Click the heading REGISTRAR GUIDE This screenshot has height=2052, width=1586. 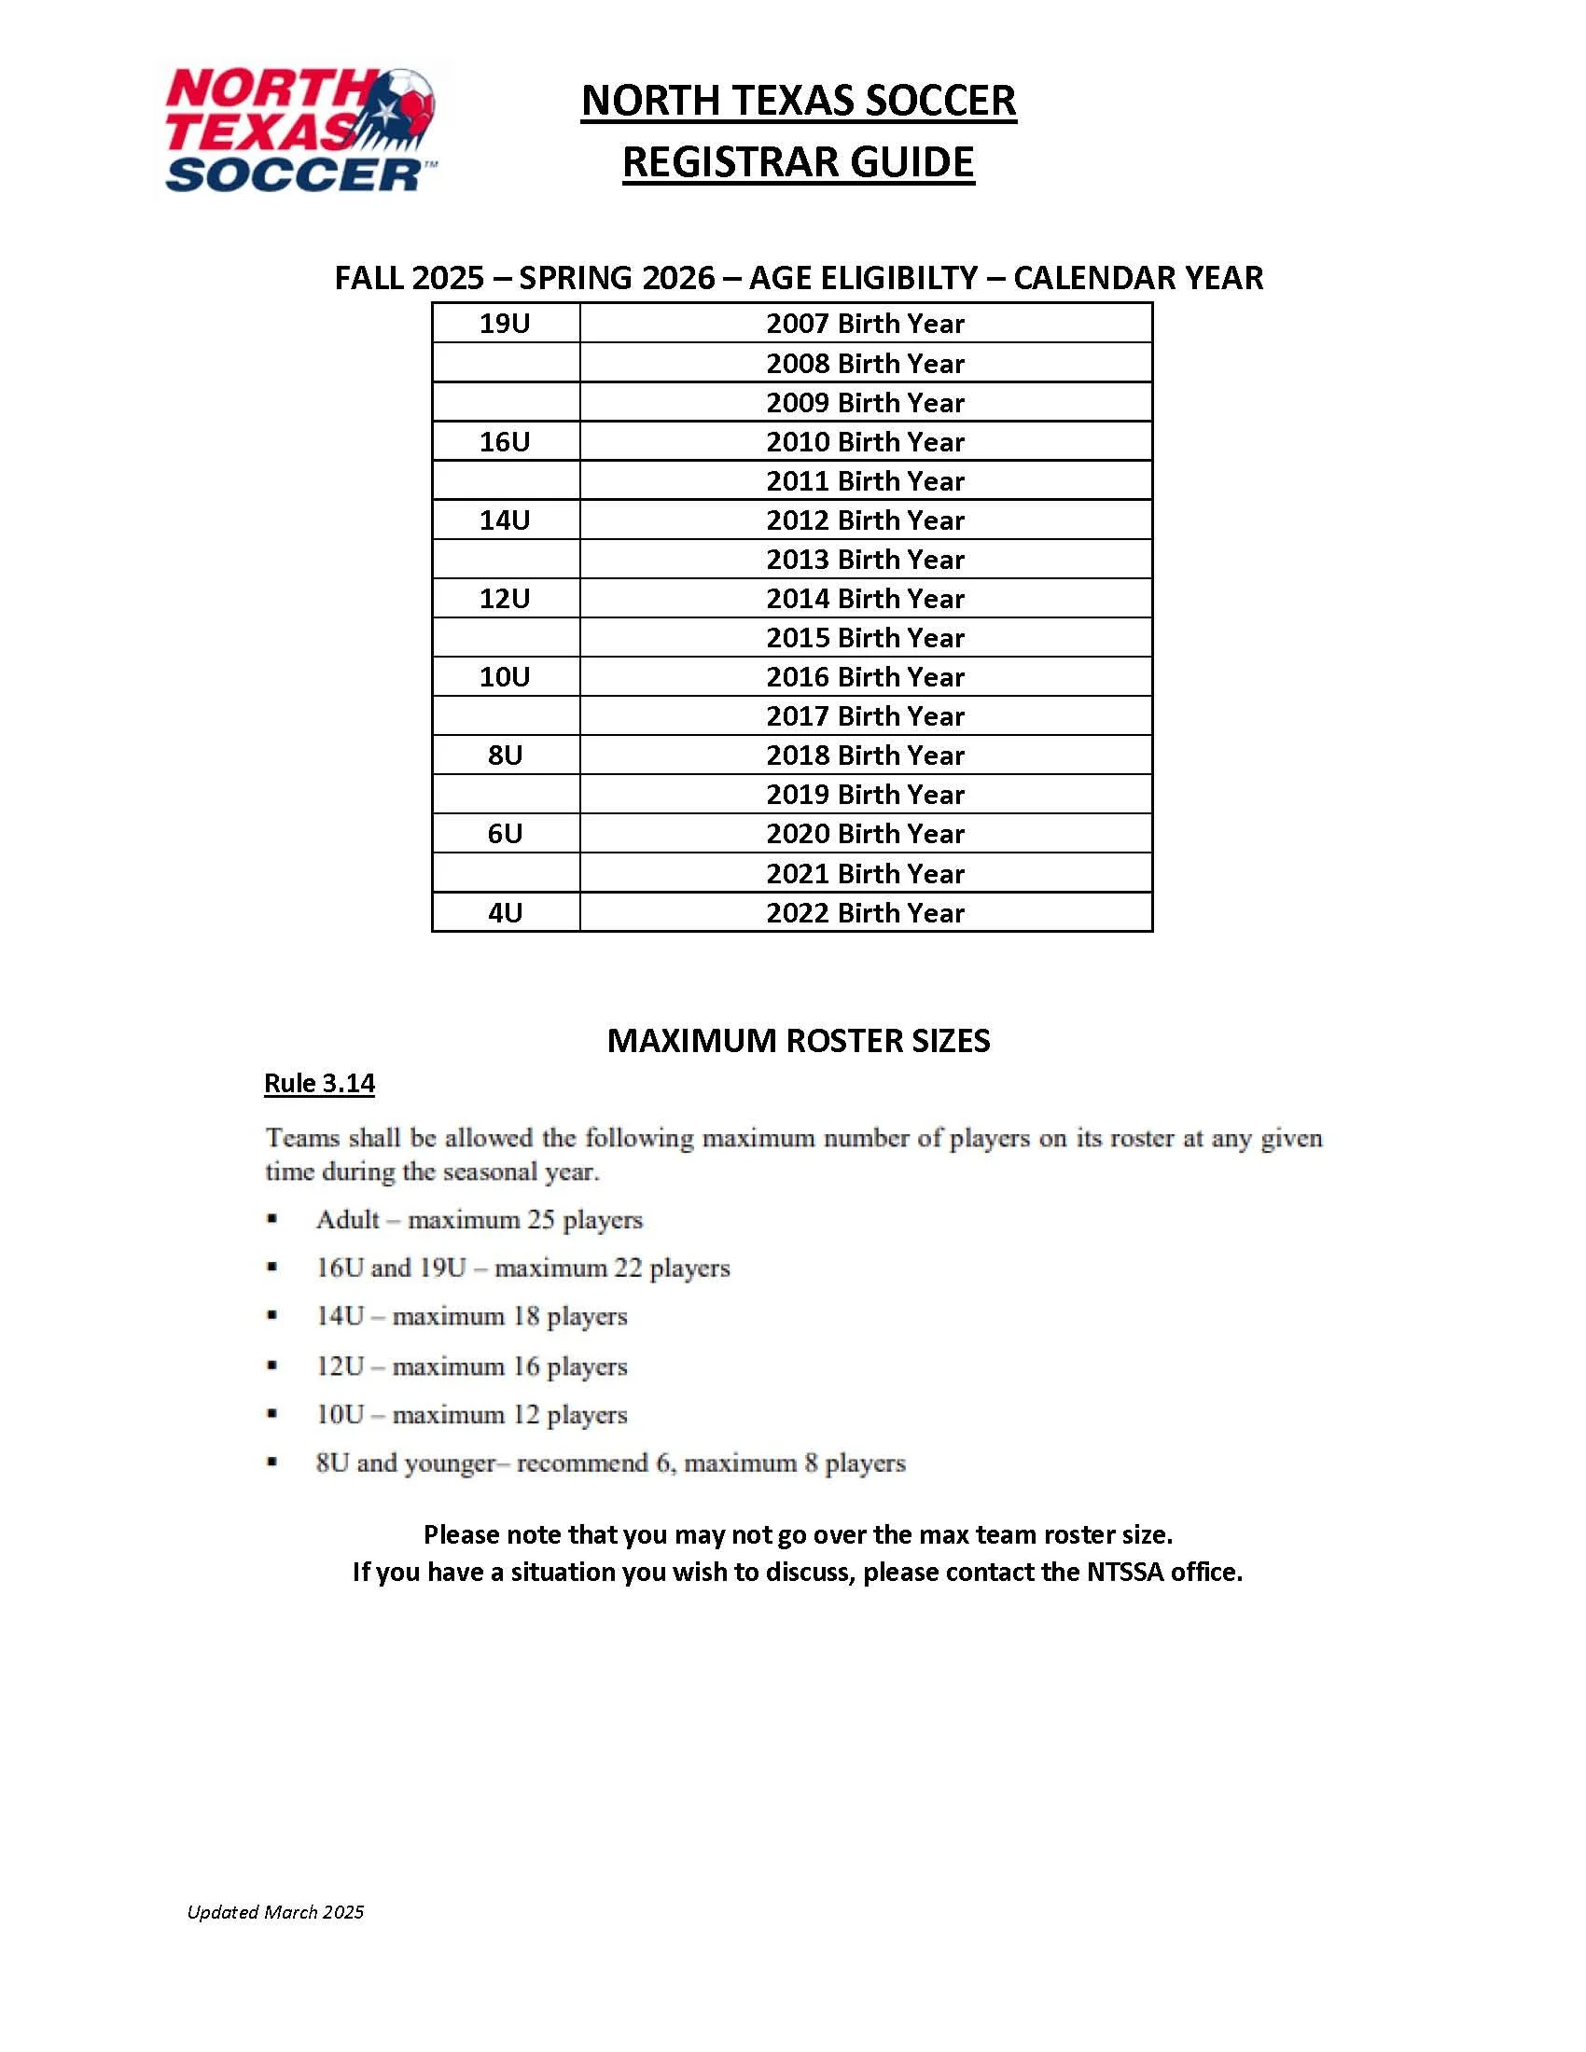coord(798,162)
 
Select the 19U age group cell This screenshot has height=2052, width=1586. coord(505,324)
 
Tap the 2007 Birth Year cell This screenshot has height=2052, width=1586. coord(865,324)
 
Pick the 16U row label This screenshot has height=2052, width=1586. coord(505,441)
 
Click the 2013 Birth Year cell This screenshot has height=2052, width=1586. coord(865,559)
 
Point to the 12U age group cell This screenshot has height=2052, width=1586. coord(505,599)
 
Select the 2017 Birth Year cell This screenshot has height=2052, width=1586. coord(865,716)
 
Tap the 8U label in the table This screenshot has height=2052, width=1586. coord(505,756)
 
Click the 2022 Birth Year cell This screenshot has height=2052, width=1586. coord(865,912)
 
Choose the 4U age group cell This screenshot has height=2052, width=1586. coord(505,912)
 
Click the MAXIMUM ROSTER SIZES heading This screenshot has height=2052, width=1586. coord(798,1040)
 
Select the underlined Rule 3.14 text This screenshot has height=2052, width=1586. coord(319,1083)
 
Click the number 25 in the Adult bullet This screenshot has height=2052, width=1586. coord(540,1220)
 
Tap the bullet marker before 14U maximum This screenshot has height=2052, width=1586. coord(271,1315)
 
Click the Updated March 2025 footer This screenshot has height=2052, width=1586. coord(275,1912)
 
